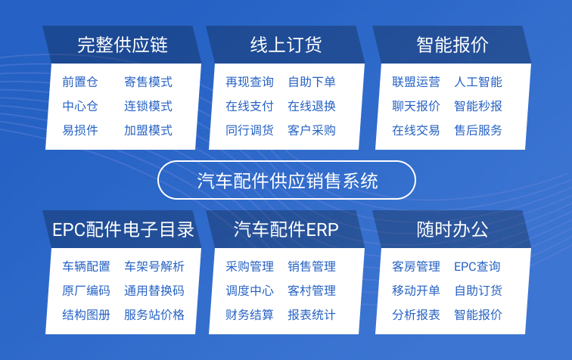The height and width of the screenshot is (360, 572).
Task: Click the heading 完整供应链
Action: [x=123, y=45]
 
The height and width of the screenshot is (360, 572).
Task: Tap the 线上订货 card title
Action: [x=286, y=45]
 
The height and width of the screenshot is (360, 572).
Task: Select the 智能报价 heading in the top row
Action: [x=452, y=45]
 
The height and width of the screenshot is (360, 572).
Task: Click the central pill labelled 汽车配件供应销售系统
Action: [x=287, y=180]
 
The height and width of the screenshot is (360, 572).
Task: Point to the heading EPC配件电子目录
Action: [x=123, y=230]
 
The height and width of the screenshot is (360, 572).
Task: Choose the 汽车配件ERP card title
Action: [x=286, y=230]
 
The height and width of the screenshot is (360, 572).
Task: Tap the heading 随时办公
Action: [x=452, y=230]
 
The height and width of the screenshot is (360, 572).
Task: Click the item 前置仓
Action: [x=80, y=82]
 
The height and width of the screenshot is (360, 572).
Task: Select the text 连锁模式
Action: [x=148, y=106]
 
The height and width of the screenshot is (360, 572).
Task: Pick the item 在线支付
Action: [x=250, y=106]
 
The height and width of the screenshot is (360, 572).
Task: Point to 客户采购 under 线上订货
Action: [x=312, y=130]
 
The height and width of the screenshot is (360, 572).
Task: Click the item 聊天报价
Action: [x=416, y=106]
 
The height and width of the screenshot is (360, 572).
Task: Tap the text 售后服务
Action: [x=478, y=130]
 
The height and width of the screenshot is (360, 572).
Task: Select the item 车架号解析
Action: [x=154, y=266]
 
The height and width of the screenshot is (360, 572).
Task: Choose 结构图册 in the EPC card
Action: [x=86, y=315]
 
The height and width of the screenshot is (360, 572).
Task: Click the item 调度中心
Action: [x=250, y=290]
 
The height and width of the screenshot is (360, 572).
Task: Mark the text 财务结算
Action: [x=250, y=315]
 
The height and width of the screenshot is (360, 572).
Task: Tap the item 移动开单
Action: [x=416, y=290]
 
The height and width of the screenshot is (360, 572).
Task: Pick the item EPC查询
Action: [x=477, y=266]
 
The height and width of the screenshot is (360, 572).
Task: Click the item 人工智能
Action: [x=478, y=82]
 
